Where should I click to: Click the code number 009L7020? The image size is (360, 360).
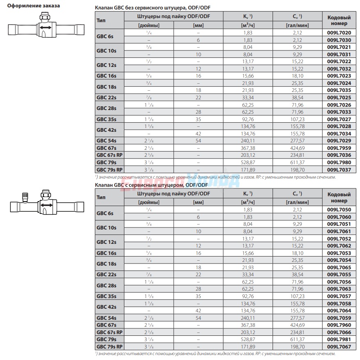(339, 33)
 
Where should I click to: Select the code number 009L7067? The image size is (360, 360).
(339, 347)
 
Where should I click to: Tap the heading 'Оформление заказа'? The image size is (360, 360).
(34, 6)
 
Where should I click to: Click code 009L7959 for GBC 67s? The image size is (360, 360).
(339, 148)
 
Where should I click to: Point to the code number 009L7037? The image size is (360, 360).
(339, 170)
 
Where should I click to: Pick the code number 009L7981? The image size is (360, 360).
(339, 339)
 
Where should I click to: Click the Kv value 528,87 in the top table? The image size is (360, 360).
(248, 163)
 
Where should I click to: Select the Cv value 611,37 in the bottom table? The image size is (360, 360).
(297, 339)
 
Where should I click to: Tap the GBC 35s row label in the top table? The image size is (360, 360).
(106, 119)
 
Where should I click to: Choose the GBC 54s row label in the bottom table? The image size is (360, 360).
(106, 318)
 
